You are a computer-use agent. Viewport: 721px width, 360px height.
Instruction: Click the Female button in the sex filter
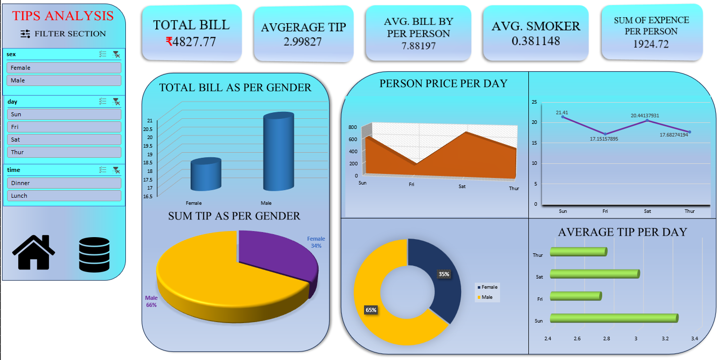pyautogui.click(x=64, y=68)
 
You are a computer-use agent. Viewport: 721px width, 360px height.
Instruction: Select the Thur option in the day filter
pyautogui.click(x=64, y=152)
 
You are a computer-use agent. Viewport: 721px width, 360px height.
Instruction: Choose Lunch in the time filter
pyautogui.click(x=64, y=196)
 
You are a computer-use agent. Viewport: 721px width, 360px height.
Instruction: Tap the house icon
pyautogui.click(x=33, y=252)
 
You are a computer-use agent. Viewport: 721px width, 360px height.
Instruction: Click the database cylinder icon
pyautogui.click(x=94, y=255)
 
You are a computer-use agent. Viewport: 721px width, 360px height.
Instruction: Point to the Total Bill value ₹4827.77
pyautogui.click(x=191, y=42)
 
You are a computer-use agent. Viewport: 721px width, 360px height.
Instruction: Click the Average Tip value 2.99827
pyautogui.click(x=303, y=42)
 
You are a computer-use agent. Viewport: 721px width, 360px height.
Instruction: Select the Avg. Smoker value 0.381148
pyautogui.click(x=535, y=41)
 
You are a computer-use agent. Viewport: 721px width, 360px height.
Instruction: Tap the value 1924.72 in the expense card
pyautogui.click(x=651, y=44)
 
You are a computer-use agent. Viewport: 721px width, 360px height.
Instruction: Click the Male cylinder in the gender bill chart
pyautogui.click(x=278, y=152)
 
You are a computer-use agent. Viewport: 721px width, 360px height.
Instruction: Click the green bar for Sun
pyautogui.click(x=613, y=318)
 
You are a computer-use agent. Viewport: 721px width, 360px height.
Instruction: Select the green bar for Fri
pyautogui.click(x=575, y=296)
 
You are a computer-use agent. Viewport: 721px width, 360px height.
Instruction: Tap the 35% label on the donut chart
pyautogui.click(x=444, y=274)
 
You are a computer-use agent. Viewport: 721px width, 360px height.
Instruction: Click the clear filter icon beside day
pyautogui.click(x=116, y=102)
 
